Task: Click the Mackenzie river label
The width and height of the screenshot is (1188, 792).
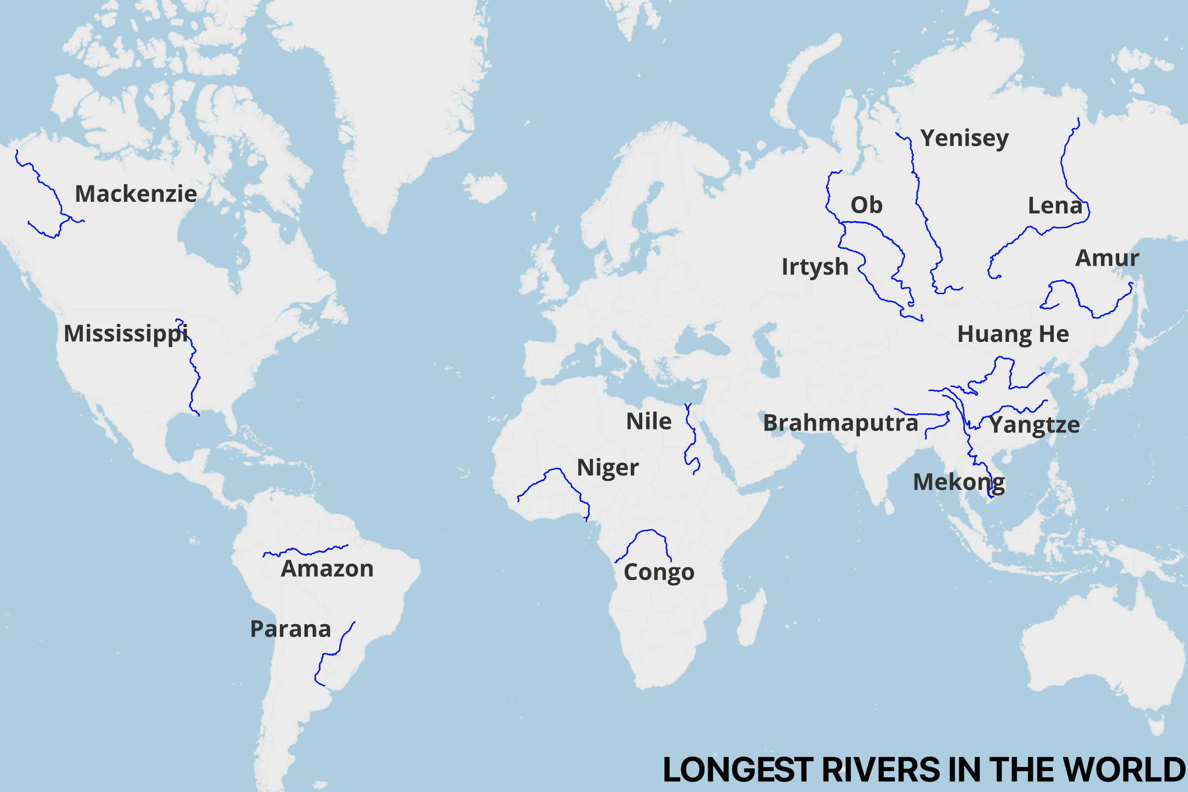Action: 136,194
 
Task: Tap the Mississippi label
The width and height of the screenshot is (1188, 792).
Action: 125,334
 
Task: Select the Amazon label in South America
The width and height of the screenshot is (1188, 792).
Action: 327,569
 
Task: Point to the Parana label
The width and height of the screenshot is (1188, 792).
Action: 291,629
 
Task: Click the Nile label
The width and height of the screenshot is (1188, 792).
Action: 649,421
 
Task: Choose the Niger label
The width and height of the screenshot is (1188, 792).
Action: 607,468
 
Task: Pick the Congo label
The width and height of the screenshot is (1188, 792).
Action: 659,572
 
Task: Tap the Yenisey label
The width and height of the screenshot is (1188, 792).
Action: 964,138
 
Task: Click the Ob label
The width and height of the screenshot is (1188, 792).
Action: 866,205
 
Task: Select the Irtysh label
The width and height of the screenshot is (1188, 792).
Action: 815,267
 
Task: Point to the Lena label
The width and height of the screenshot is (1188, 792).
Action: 1055,206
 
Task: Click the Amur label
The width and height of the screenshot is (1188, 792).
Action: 1107,258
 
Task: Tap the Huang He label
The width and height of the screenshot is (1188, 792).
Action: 1013,335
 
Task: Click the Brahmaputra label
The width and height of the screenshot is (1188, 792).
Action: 840,423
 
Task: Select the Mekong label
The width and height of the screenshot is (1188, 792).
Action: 959,483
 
